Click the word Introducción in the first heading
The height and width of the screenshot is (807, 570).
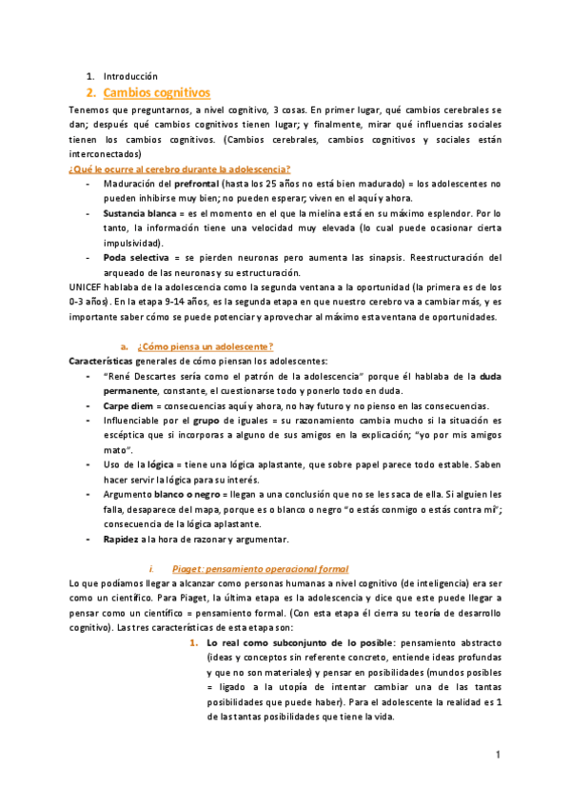click(129, 76)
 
